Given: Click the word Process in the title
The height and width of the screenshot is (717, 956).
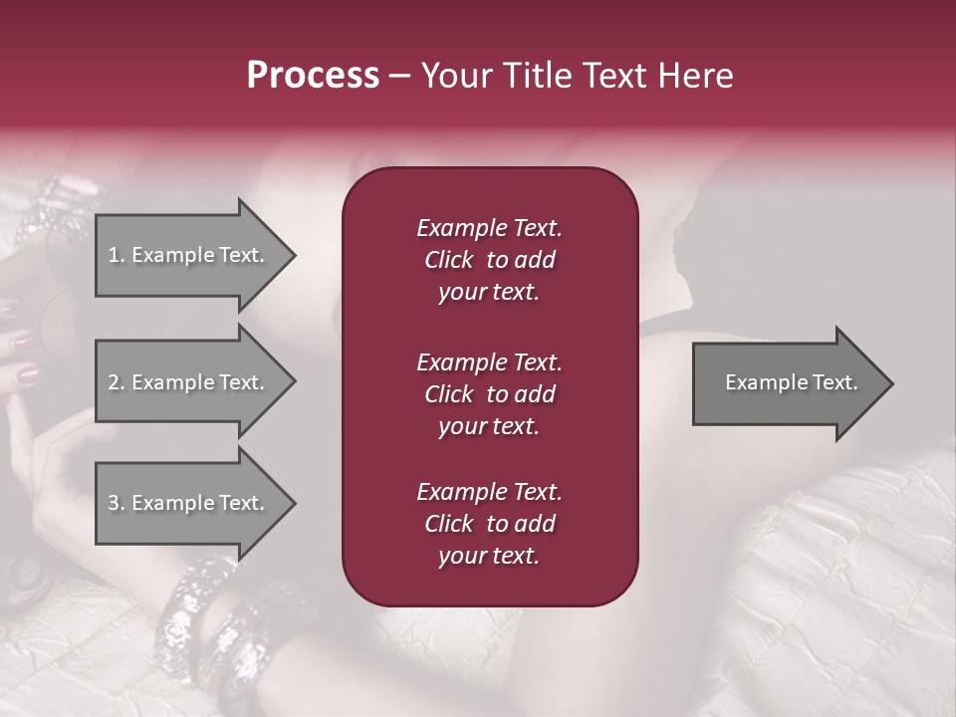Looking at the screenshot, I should [x=313, y=76].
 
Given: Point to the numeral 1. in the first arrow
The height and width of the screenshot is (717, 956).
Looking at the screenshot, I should [x=116, y=255].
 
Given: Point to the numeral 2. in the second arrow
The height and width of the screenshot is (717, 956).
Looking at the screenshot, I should [x=116, y=382].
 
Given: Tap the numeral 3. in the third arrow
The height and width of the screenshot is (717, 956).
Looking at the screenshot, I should [x=116, y=503].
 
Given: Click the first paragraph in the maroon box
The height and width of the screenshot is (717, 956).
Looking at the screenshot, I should [x=489, y=260].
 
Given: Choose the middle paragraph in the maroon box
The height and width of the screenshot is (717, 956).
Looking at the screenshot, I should [x=489, y=393].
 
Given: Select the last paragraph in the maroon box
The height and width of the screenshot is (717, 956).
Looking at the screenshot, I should [x=489, y=524].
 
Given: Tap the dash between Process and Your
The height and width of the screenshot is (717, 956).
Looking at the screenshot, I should [x=399, y=76].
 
